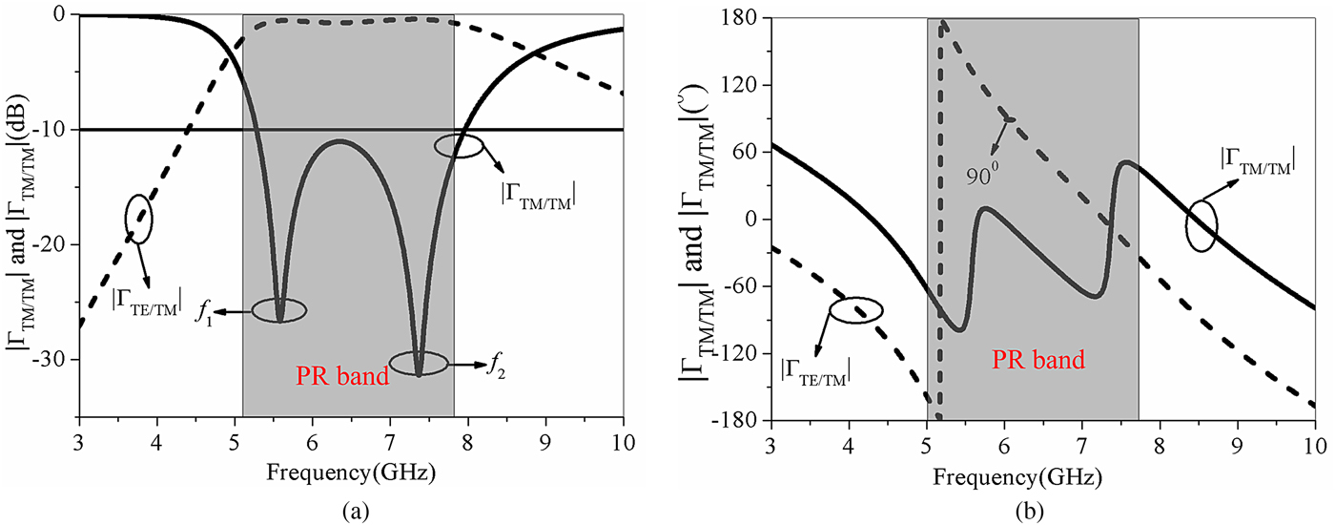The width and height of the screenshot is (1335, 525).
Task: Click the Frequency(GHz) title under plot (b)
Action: point(1040,474)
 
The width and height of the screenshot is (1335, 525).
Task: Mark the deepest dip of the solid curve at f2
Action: point(419,375)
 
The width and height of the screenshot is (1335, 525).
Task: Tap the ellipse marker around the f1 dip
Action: point(279,310)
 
